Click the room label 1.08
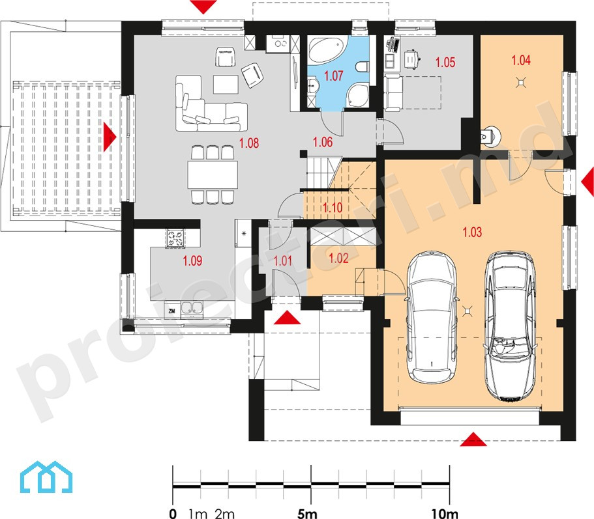point(249,143)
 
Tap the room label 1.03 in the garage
point(473,232)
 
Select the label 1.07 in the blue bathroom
point(334,76)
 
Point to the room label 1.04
point(521,60)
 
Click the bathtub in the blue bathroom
point(326,49)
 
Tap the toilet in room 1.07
point(362,67)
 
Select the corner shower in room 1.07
point(357,94)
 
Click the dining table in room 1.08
point(213,175)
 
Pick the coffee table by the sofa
point(226,85)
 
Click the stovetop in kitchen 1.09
point(175,238)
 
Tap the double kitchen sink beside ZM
point(192,308)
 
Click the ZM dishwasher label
point(171,311)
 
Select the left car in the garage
point(431,316)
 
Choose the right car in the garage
point(510,326)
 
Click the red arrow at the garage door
point(473,440)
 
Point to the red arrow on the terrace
point(110,136)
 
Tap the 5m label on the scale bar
point(307,513)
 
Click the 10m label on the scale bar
point(445,513)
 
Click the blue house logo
point(46,477)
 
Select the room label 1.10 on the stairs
point(333,207)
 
